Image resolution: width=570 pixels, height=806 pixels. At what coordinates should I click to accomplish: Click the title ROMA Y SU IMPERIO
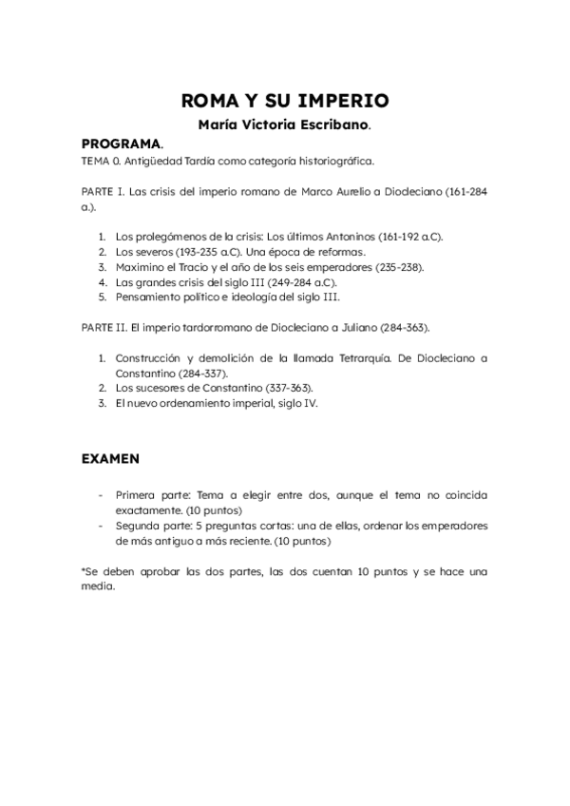[x=285, y=101]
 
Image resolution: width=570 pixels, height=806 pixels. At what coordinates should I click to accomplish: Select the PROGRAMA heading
[x=121, y=144]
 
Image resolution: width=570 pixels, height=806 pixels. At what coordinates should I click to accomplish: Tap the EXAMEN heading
[x=110, y=458]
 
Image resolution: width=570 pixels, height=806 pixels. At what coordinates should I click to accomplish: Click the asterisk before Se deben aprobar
[x=84, y=570]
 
